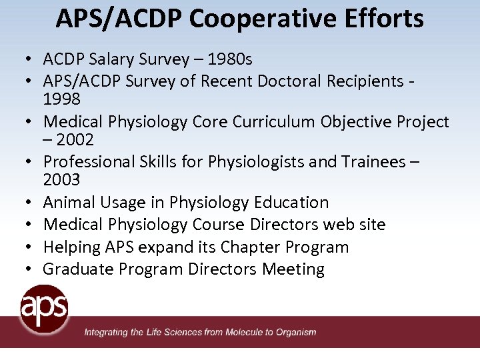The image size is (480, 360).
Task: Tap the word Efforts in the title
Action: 384,18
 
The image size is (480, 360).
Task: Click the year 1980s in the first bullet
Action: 230,59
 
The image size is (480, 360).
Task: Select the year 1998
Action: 62,99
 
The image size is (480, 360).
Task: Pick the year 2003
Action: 62,179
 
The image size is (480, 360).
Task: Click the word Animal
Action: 69,202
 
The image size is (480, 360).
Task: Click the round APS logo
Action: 44,309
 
